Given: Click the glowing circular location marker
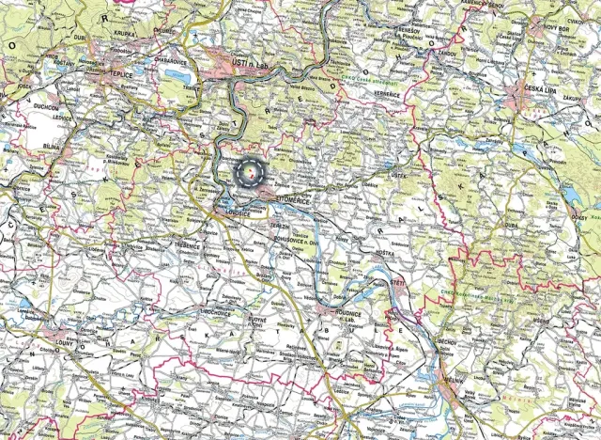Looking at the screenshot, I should tap(251, 173).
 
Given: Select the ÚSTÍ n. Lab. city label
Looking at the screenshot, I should tap(250, 62).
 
